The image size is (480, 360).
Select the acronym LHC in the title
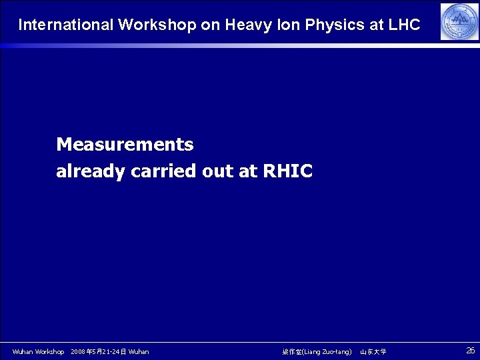[x=403, y=25]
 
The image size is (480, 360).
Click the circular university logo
[x=459, y=21]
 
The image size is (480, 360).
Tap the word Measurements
[x=125, y=144]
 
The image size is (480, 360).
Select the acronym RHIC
[x=287, y=171]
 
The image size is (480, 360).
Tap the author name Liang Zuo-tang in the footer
[x=326, y=351]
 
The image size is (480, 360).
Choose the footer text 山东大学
[x=373, y=351]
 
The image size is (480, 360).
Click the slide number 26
[x=470, y=350]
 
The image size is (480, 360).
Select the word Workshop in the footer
[x=49, y=351]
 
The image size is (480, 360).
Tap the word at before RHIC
[x=247, y=171]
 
